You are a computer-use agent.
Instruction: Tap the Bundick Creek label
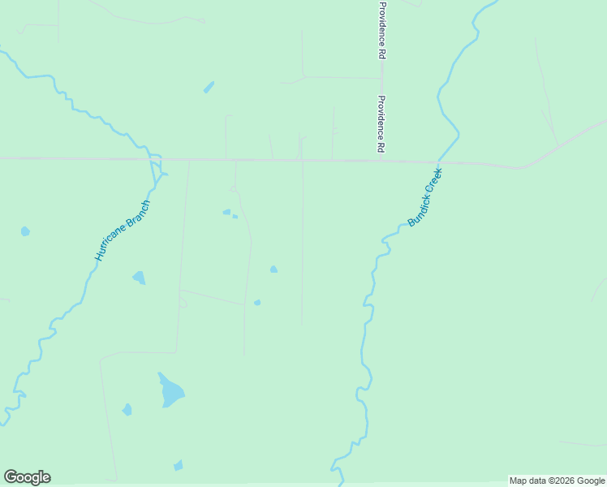coord(424,197)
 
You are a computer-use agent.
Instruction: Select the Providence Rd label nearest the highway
coord(380,125)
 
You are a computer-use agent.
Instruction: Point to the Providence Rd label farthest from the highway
coord(381,30)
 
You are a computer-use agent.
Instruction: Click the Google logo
coord(27,477)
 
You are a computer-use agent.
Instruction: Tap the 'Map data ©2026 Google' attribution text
coord(557,481)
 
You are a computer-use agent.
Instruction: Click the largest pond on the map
coord(170,392)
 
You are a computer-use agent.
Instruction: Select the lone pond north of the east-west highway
coord(209,87)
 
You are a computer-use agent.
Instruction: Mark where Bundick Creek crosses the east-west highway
coord(438,162)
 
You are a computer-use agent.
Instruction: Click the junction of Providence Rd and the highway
coord(381,161)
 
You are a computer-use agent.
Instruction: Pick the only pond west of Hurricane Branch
coord(25,231)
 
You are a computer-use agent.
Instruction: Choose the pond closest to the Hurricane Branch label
coord(139,278)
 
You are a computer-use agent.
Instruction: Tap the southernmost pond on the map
coord(178,466)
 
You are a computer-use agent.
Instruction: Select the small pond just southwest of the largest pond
coord(127,410)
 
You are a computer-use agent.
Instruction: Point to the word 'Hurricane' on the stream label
coord(112,246)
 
